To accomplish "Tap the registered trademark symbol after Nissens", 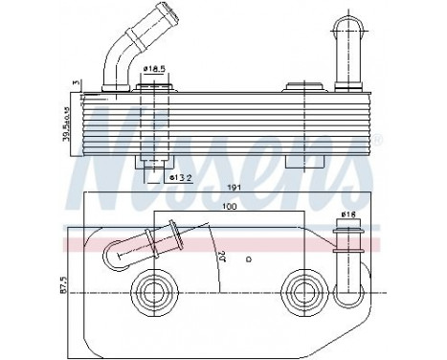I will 376,140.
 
